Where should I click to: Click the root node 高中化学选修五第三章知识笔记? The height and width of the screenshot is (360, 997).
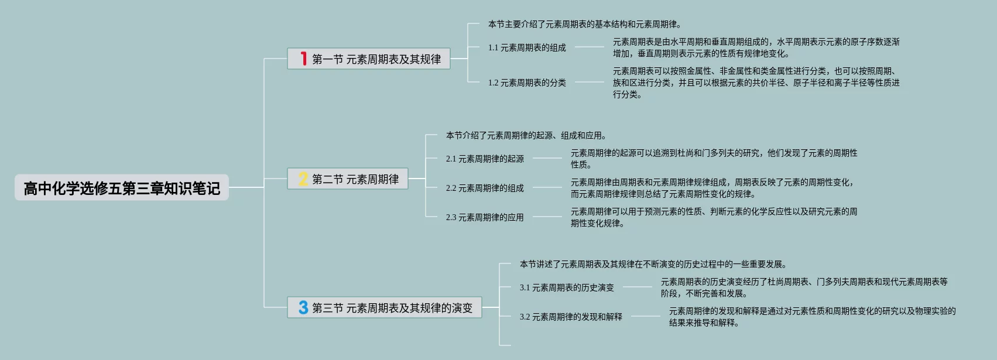coord(122,188)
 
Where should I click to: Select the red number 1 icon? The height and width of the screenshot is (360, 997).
coord(303,59)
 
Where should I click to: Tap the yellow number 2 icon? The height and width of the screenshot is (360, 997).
coord(303,179)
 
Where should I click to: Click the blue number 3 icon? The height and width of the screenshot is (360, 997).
coord(303,307)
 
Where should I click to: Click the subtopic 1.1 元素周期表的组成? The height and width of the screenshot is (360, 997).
coord(527,47)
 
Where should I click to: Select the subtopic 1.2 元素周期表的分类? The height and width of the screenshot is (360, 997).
coord(527,83)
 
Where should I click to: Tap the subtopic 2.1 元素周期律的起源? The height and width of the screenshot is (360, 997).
coord(485,159)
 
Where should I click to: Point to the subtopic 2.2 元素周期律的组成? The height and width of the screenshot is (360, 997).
coord(485,188)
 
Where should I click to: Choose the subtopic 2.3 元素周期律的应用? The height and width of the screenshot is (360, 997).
coord(485,217)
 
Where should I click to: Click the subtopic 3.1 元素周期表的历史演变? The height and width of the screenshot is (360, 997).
coord(567,287)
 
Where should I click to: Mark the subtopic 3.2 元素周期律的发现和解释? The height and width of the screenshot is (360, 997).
coord(571,317)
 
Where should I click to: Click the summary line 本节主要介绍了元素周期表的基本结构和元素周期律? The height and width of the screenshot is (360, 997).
coord(584,24)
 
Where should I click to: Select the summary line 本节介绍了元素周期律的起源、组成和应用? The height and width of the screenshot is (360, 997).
coord(526,135)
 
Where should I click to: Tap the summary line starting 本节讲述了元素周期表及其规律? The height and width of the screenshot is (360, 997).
coord(653,264)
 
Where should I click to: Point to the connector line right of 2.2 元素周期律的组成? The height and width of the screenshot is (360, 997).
coord(547,187)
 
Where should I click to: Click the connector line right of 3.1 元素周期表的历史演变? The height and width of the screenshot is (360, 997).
coord(637,287)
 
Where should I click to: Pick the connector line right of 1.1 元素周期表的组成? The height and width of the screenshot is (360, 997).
coord(589,47)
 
